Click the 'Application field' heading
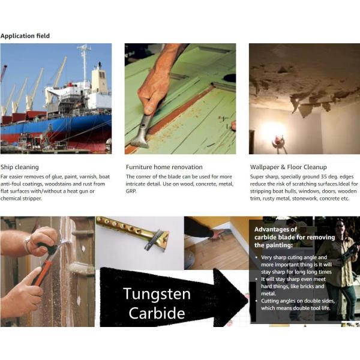(25, 36)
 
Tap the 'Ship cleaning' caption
(20, 167)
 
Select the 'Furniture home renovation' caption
(164, 167)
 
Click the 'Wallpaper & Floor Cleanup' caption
(289, 167)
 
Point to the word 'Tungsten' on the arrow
(157, 293)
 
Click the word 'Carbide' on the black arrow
(157, 313)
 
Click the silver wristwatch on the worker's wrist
(28, 245)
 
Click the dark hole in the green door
(230, 78)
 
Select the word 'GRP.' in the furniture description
(131, 191)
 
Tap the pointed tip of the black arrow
(248, 298)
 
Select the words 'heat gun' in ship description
(77, 191)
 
